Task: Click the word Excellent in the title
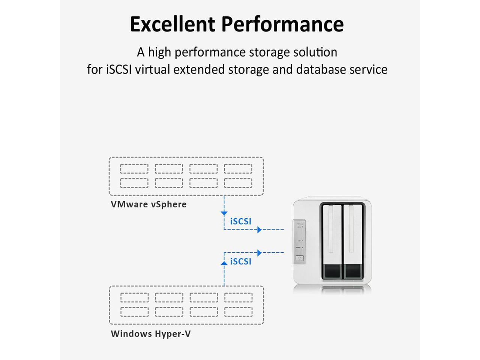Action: [172, 24]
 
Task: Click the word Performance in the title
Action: [282, 24]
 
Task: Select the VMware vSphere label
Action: [148, 204]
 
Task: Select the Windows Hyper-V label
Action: [151, 334]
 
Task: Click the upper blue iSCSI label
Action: [241, 221]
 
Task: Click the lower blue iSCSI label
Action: [241, 261]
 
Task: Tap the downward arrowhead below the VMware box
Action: [224, 213]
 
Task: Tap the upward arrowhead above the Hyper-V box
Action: [224, 263]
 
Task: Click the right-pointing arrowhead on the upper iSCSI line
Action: [259, 229]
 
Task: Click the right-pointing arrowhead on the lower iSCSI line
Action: [259, 253]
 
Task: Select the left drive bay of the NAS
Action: [331, 242]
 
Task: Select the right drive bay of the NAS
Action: [353, 242]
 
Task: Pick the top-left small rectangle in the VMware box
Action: [134, 169]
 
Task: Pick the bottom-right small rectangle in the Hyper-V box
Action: [238, 312]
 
